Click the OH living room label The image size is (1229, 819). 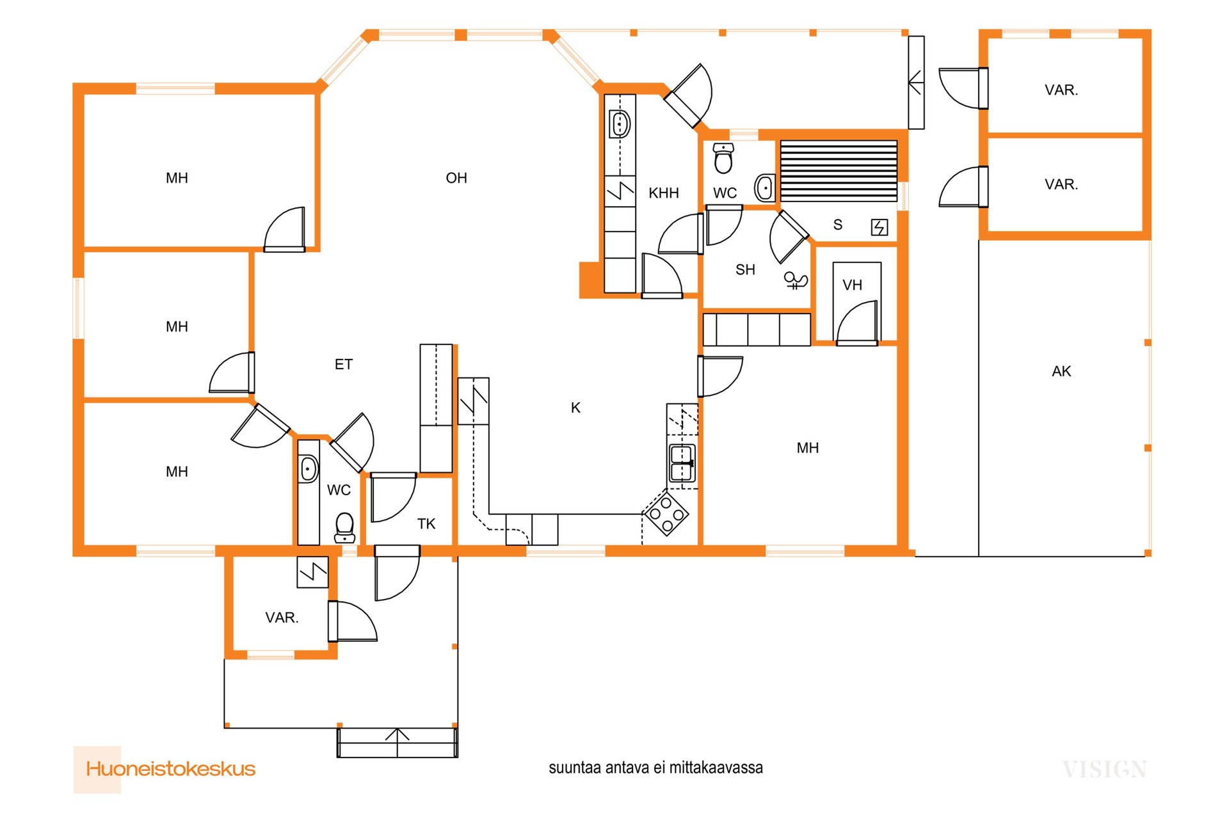click(456, 178)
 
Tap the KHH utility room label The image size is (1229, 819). click(664, 193)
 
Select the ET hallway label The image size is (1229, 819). click(344, 364)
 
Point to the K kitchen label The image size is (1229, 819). click(575, 408)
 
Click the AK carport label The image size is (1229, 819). click(1061, 371)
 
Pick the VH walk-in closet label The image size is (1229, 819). click(852, 285)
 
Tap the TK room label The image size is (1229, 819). click(426, 524)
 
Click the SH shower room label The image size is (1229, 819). click(745, 269)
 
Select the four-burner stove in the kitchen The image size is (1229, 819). click(666, 513)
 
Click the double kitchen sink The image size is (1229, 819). click(682, 463)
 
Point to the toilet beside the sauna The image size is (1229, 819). click(723, 159)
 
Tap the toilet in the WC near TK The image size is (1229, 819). click(345, 528)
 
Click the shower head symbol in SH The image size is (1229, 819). click(796, 280)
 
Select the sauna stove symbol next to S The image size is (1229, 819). click(880, 227)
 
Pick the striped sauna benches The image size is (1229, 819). click(839, 170)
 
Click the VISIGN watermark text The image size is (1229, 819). click(1105, 769)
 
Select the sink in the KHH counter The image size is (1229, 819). click(620, 124)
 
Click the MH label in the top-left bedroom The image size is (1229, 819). click(177, 178)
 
